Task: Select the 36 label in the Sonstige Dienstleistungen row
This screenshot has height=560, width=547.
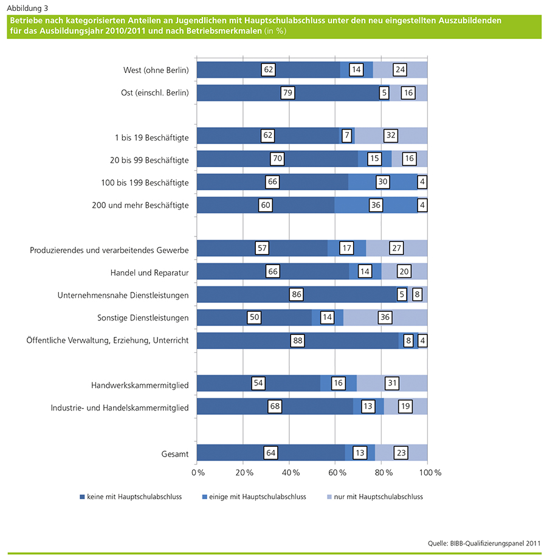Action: tap(384, 317)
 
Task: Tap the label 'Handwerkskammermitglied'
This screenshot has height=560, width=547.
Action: tap(140, 385)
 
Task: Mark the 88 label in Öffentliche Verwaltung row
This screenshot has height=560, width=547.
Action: tap(298, 340)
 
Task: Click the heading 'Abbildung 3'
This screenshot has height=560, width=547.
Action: tap(27, 8)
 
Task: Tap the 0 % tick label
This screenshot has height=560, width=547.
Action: tap(197, 472)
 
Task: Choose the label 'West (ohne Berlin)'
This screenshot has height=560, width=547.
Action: tap(156, 70)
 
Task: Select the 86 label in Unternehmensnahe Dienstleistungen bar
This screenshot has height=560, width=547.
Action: tap(295, 295)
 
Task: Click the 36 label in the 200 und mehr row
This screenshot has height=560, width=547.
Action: tap(376, 206)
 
